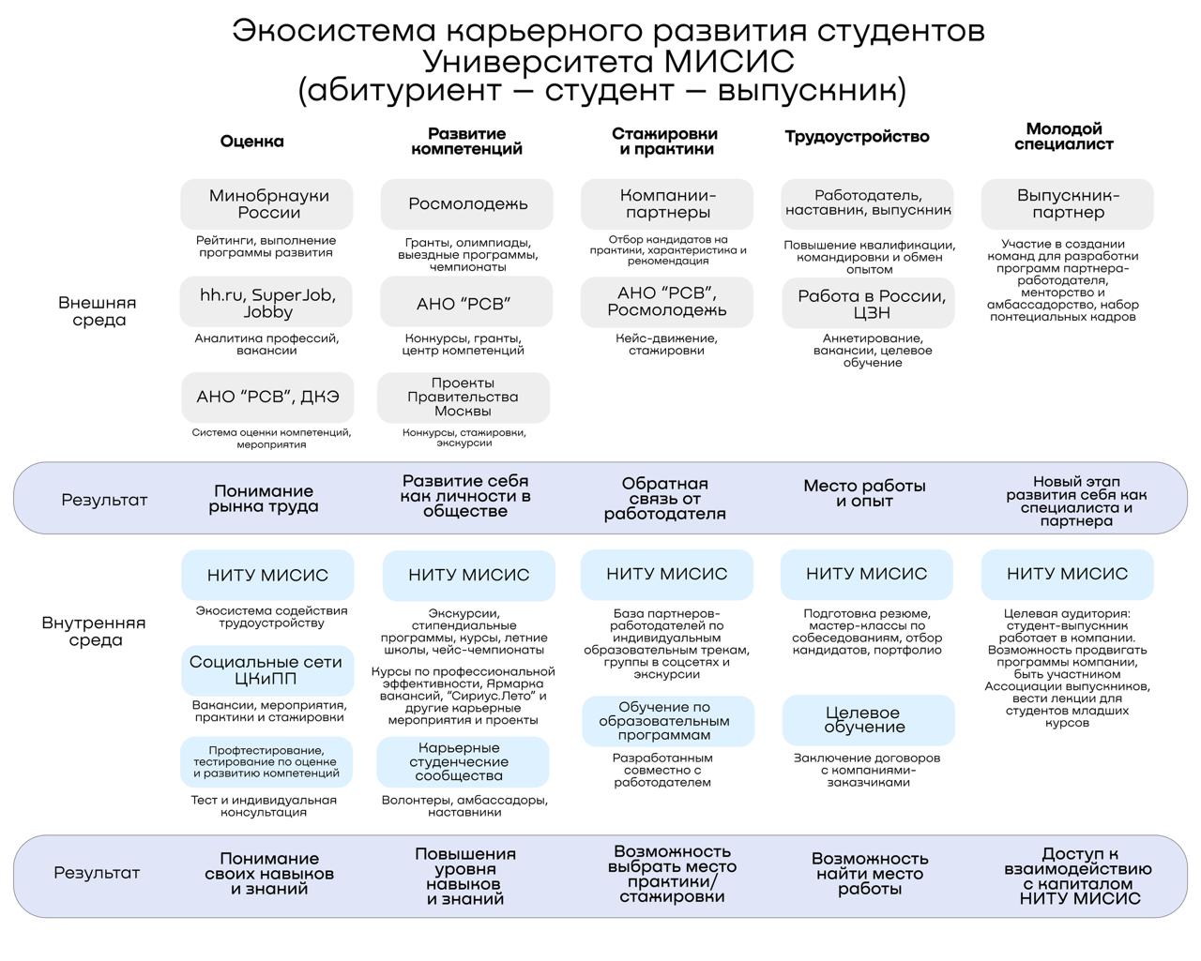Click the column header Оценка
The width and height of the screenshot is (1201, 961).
(251, 142)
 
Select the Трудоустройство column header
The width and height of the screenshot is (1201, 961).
(857, 137)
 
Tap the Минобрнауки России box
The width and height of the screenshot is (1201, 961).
(267, 204)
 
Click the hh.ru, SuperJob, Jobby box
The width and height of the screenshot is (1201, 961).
(267, 303)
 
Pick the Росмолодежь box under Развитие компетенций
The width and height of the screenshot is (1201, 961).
(467, 204)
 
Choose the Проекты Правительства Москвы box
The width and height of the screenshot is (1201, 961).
(463, 398)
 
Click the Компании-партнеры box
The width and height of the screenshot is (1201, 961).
(667, 204)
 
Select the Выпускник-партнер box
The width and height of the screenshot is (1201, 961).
(1067, 204)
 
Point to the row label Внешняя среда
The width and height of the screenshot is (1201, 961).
(98, 311)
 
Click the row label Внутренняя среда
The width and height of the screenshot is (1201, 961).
(94, 632)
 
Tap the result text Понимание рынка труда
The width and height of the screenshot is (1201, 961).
(263, 499)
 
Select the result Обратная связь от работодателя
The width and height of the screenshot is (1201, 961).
(664, 499)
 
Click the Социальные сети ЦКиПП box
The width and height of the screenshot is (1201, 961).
(267, 670)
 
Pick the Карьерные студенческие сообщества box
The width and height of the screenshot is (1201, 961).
(463, 762)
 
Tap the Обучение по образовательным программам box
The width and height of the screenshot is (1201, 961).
(666, 721)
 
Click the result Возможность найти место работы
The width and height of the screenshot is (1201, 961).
(869, 874)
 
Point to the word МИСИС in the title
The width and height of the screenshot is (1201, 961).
(729, 61)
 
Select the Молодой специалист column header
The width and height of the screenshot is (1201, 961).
(1063, 137)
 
